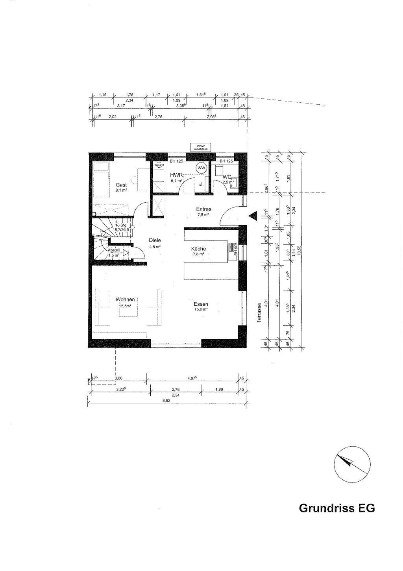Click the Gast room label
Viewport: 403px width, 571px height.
coord(121,185)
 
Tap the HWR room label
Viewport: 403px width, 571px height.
coord(176,174)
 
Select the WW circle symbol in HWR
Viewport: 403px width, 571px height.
coord(202,168)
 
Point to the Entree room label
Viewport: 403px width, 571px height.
coord(204,209)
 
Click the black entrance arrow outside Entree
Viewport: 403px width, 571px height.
coord(252,215)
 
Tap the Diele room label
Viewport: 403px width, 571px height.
coord(155,240)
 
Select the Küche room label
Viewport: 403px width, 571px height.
coord(198,249)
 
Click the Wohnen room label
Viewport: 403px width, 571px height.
coord(125,299)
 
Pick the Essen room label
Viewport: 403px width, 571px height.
coord(201,304)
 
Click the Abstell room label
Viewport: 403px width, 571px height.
coord(114,250)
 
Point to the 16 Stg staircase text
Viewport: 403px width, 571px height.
coord(121,225)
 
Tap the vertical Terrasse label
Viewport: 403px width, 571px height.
coord(259,313)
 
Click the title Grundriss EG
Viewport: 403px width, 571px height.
coord(337,508)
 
